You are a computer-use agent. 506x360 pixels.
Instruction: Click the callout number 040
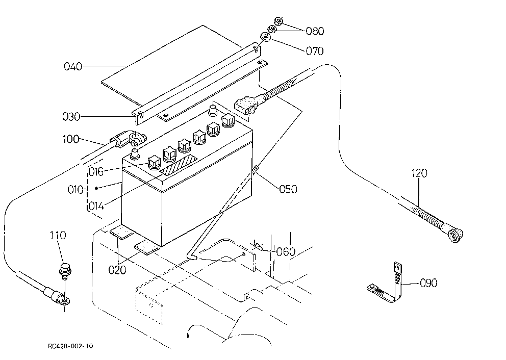pos(73,66)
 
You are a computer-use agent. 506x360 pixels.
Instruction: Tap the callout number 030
pos(71,116)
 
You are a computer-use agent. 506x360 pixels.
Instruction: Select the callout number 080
pos(315,31)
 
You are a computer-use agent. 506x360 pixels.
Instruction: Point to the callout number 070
pos(314,51)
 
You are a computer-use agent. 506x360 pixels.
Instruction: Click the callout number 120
pos(419,173)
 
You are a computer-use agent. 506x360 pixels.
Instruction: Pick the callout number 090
pos(428,283)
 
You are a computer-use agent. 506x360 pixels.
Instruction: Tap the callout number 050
pos(288,189)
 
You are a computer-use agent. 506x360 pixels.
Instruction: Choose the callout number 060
pos(286,251)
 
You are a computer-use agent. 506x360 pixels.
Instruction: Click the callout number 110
pos(58,235)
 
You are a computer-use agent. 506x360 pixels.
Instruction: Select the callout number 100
pos(71,139)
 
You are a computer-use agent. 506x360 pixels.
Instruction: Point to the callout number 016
pos(96,172)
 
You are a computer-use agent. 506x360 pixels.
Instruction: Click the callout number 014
pos(96,205)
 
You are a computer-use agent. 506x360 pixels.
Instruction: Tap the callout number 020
pos(117,270)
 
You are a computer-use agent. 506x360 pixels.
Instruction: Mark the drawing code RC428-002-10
pos(70,346)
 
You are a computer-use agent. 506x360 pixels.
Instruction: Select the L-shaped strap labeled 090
pos(385,284)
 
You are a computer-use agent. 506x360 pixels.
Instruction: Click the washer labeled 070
pos(266,36)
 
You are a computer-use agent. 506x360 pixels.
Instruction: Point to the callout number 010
pos(75,189)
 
